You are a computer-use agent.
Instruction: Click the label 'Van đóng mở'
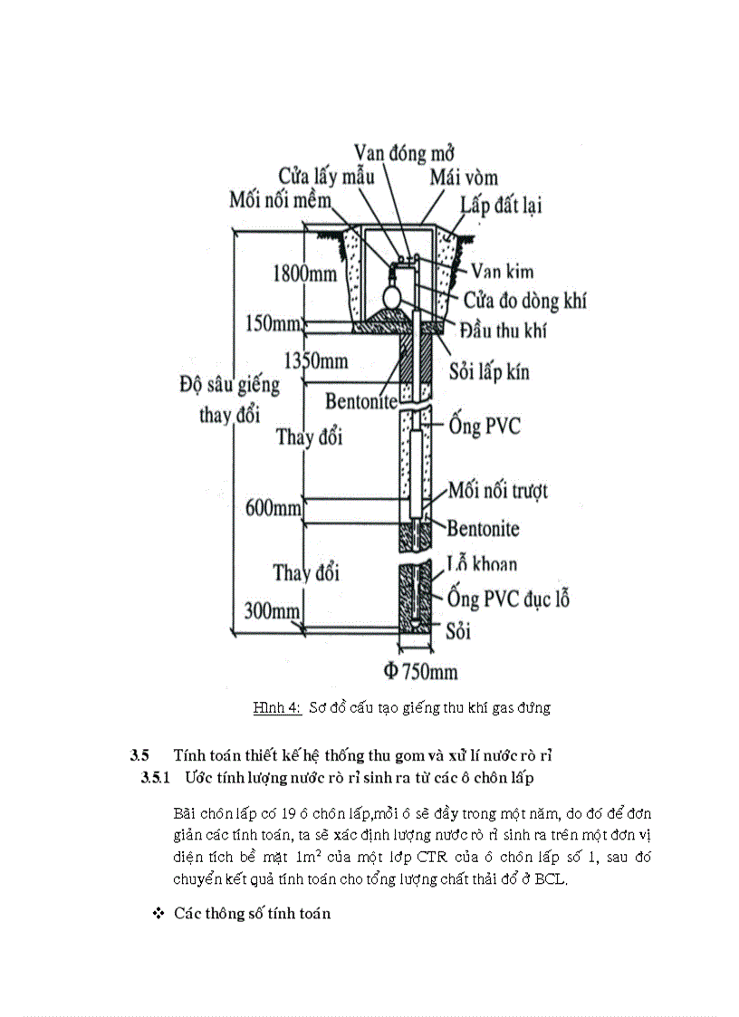403,151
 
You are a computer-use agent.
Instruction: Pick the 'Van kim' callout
503,270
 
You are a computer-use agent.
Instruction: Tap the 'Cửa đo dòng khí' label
525,299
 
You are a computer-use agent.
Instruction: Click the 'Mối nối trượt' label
498,492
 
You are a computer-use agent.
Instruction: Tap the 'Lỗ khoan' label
483,565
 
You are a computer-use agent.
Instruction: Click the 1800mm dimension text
303,273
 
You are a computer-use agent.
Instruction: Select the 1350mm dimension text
315,360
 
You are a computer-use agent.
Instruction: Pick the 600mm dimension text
274,508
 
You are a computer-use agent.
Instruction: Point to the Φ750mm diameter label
419,671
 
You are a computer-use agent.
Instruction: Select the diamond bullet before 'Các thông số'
159,914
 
